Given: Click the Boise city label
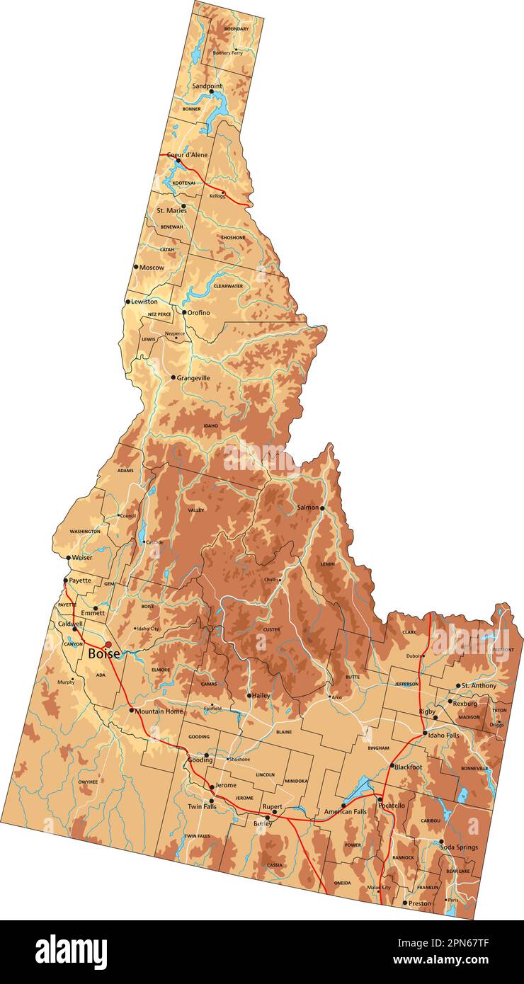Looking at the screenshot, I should click(103, 655).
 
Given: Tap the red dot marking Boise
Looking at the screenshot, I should click(108, 644).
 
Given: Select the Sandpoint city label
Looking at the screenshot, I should click(207, 86).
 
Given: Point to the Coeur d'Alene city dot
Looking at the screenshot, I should click(178, 161).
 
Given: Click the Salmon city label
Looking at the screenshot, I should click(307, 508).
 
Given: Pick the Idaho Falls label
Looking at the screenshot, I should click(443, 736).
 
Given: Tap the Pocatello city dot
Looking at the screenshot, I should click(380, 799).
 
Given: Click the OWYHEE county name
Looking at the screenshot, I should click(88, 782).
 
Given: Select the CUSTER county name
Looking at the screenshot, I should click(271, 629).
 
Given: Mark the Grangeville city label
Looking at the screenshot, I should click(193, 378).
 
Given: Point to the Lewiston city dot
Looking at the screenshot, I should click(127, 302).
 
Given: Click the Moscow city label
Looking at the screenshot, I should click(152, 268).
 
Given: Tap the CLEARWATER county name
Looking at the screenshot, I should click(228, 286).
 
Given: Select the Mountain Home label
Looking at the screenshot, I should click(159, 711).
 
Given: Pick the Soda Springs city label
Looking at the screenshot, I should click(458, 847).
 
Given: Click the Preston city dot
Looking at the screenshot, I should click(404, 903).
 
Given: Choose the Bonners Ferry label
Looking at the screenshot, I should click(227, 53).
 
